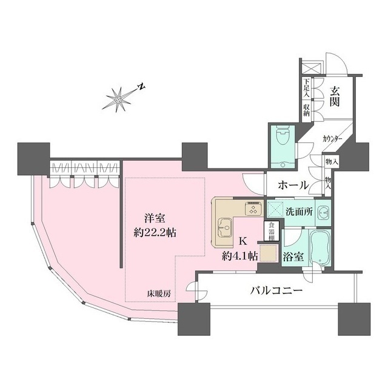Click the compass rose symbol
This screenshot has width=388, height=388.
119,99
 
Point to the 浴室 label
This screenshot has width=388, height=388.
293,256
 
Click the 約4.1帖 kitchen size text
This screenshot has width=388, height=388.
241,255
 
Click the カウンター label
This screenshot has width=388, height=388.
332,139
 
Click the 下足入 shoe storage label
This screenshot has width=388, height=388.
307,89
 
